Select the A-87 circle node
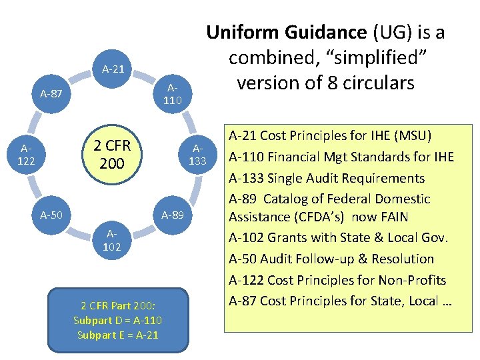(x=51, y=94)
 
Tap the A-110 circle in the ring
(x=173, y=94)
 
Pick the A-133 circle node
(x=199, y=155)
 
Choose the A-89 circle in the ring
(x=173, y=215)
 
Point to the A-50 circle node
(x=51, y=215)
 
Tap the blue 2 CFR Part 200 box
(x=117, y=320)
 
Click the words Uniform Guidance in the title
(x=287, y=33)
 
